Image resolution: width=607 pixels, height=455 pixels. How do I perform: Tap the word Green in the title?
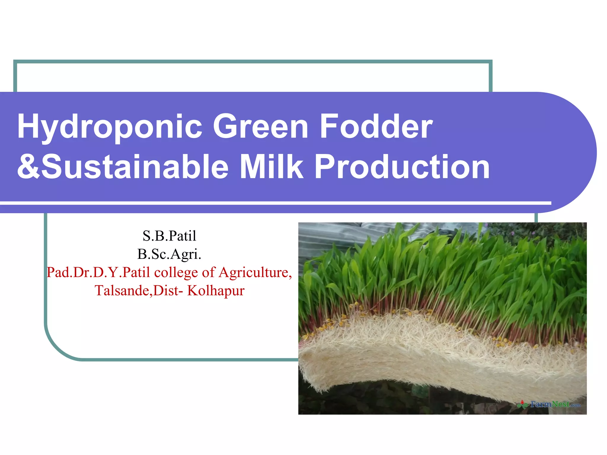[261, 127]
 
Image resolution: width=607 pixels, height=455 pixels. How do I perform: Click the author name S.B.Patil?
[169, 236]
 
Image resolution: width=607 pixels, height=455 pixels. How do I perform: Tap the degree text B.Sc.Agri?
[169, 254]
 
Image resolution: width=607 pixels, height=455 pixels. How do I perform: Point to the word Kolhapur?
[216, 291]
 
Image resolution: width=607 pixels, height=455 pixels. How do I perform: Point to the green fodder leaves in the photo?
[445, 267]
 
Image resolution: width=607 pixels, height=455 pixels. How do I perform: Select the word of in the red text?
[208, 272]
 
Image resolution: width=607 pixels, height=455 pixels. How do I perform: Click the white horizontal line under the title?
[267, 203]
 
